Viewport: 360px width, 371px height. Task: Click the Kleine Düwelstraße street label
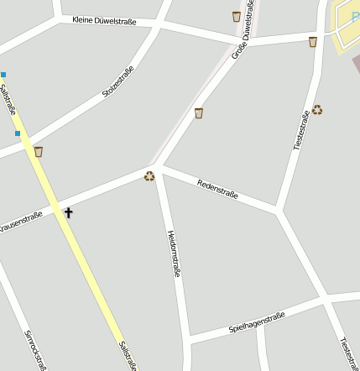(x=105, y=19)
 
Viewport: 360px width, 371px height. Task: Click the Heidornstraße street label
(x=175, y=253)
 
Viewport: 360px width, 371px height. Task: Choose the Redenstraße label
(x=217, y=189)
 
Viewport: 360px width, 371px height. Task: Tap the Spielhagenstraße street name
(x=257, y=322)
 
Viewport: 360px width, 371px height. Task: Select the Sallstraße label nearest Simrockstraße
(x=127, y=356)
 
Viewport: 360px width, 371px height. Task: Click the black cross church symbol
(x=68, y=212)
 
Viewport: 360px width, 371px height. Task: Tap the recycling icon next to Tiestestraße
(x=317, y=109)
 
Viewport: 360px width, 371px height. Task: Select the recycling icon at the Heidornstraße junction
(x=149, y=175)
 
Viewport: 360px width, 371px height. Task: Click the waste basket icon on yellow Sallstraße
(x=38, y=151)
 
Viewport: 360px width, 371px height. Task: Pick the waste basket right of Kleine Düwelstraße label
(x=236, y=16)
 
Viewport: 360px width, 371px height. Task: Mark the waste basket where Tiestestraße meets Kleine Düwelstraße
(x=313, y=42)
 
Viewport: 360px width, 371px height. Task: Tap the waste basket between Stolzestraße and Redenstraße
(x=199, y=112)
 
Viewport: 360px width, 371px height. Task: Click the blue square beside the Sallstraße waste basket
(x=18, y=133)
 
